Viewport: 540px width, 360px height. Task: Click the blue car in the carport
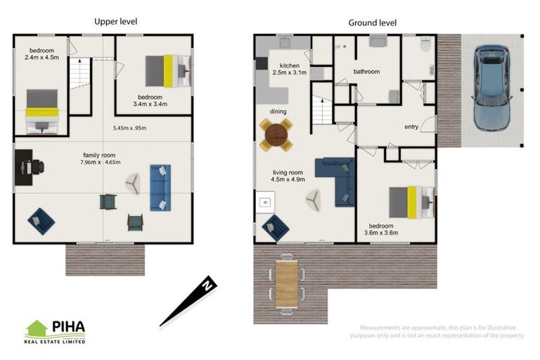click(491, 88)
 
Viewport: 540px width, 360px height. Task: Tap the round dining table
click(276, 135)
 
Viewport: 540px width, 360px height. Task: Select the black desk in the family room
click(23, 167)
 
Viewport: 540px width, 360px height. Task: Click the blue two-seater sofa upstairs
click(160, 188)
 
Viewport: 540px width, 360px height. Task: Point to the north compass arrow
click(188, 301)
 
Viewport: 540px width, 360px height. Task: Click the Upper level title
click(116, 22)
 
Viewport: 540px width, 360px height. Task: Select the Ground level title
click(372, 23)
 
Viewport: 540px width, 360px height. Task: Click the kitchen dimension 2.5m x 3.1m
click(289, 72)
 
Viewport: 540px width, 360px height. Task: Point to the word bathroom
click(367, 72)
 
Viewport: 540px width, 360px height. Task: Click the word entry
click(411, 127)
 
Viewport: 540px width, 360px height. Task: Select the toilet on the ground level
click(426, 44)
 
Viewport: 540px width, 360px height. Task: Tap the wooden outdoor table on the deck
click(287, 283)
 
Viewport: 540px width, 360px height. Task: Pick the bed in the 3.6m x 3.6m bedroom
click(411, 202)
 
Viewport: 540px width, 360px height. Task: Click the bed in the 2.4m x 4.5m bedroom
click(42, 111)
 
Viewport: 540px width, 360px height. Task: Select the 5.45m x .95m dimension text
click(130, 128)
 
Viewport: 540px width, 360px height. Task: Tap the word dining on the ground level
click(278, 112)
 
